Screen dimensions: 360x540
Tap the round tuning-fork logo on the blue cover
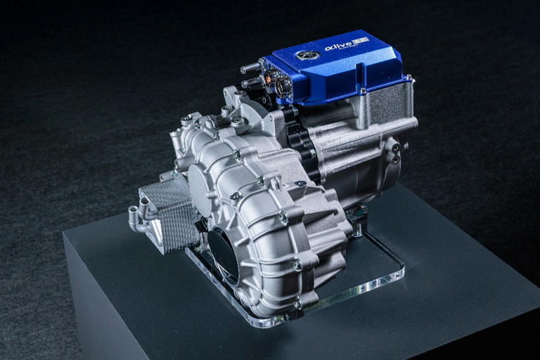point(307,54)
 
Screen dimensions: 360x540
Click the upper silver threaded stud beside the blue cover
point(250,68)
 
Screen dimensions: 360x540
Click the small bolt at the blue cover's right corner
point(408,79)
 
